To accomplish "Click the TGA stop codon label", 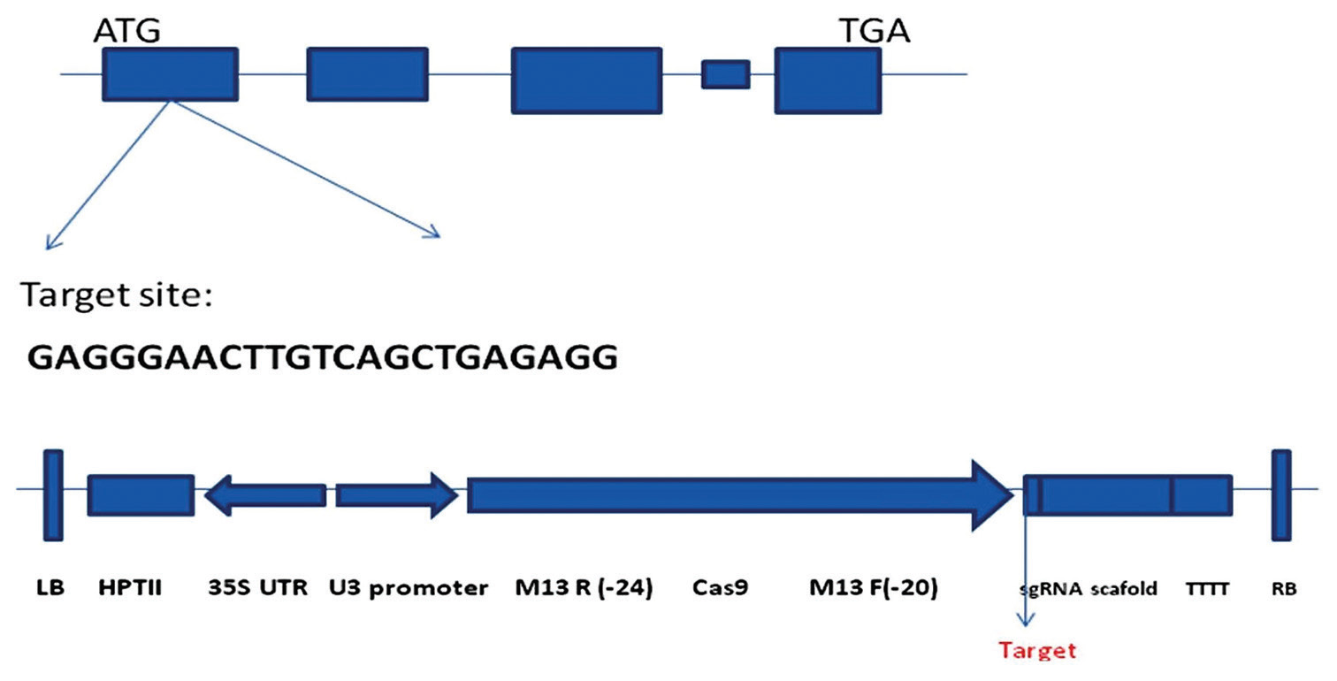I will [874, 33].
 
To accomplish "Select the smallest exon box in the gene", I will [725, 74].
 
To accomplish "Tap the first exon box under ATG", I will [170, 73].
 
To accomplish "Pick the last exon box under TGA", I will [828, 80].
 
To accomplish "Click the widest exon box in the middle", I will [585, 80].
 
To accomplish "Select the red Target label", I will [1037, 651].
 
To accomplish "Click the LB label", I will [51, 587].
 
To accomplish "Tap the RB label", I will [1283, 587].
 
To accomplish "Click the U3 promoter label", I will [409, 587].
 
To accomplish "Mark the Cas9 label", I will [721, 587].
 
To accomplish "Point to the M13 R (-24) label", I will [584, 587].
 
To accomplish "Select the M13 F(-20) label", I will [874, 587].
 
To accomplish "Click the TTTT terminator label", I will [1207, 587].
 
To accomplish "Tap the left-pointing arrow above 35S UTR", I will [264, 494].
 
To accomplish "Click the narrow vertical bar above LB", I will [53, 494].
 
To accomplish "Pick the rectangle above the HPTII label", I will [141, 494].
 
